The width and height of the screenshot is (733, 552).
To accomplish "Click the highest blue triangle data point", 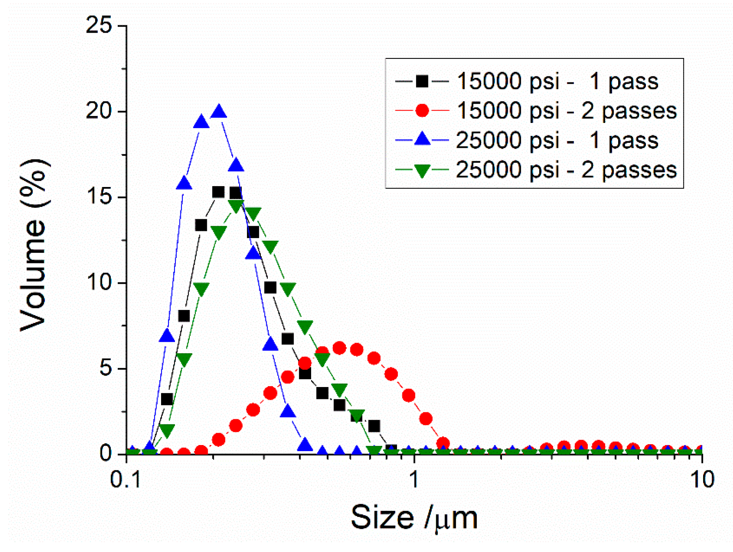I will (x=219, y=111).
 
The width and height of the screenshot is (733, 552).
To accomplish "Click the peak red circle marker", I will (x=339, y=348).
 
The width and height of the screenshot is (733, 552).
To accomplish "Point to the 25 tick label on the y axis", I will (x=99, y=25).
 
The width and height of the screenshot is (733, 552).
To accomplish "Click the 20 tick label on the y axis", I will (x=99, y=111).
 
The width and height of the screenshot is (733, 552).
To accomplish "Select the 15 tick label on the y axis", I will (x=99, y=197).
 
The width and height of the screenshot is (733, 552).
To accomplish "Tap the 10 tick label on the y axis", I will (x=99, y=283).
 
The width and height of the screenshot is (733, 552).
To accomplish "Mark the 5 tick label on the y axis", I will (x=105, y=368).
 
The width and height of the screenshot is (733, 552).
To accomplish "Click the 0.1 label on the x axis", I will (x=126, y=479).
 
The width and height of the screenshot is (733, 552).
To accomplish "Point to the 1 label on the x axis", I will (x=414, y=479).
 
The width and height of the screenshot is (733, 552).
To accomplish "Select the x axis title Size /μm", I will (x=414, y=518).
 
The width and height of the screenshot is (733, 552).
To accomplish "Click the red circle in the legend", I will (x=422, y=110).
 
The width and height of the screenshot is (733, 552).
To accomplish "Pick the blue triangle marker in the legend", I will (x=422, y=140).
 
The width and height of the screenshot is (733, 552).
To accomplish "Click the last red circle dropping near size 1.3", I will (x=443, y=443).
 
